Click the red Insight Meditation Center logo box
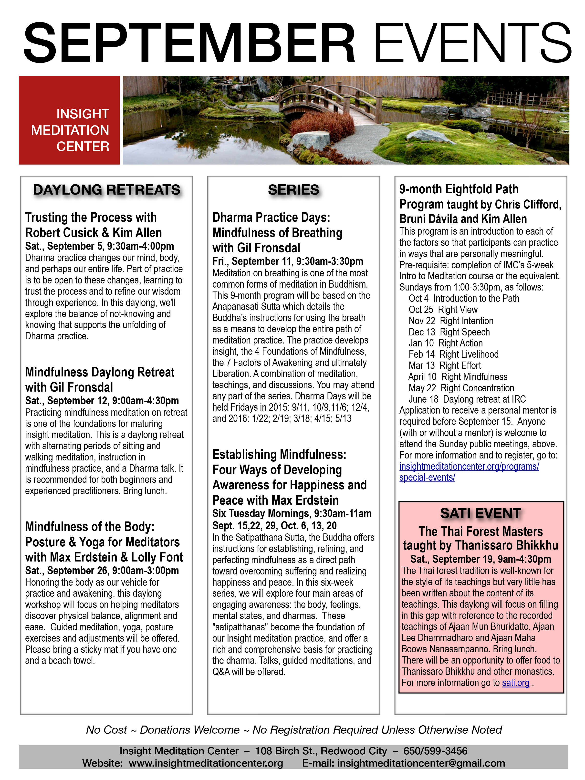click(x=70, y=120)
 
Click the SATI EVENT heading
click(x=481, y=513)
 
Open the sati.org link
click(x=515, y=683)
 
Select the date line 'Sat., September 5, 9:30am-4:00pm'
click(x=99, y=246)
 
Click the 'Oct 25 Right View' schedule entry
click(x=443, y=310)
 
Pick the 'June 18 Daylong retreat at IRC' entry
click(x=467, y=399)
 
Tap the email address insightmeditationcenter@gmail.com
click(x=421, y=763)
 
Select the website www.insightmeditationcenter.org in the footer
click(x=206, y=763)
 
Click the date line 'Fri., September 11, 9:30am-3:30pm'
click(x=288, y=261)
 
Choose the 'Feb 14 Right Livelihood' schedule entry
click(x=453, y=354)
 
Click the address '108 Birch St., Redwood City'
click(x=321, y=751)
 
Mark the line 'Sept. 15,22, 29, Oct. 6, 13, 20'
click(x=274, y=526)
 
